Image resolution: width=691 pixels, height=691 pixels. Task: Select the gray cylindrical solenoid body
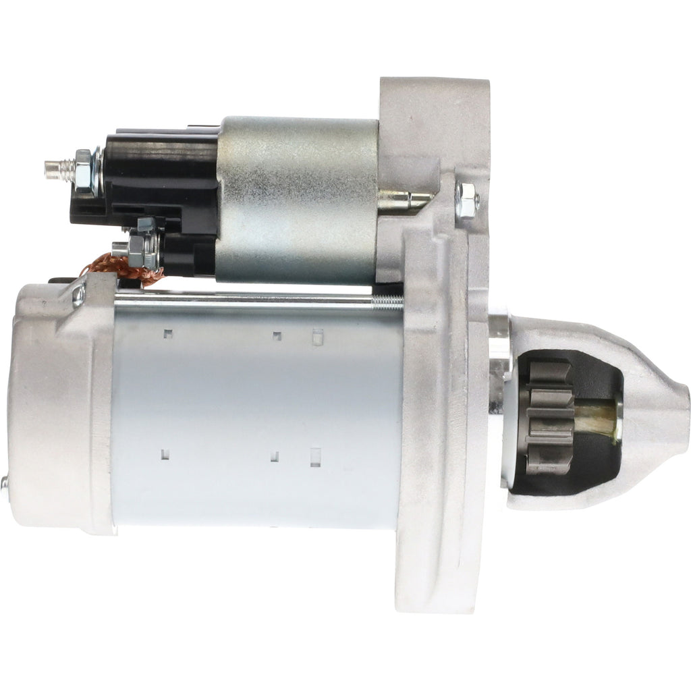point(297,199)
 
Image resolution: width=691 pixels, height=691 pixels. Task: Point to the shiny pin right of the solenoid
point(405,198)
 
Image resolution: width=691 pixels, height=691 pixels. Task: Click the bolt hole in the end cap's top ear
point(79,294)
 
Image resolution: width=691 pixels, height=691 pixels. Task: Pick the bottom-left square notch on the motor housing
point(165,454)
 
